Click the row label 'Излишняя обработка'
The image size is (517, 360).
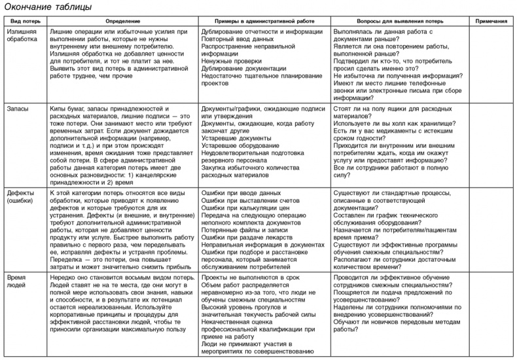pyautogui.click(x=24, y=35)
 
